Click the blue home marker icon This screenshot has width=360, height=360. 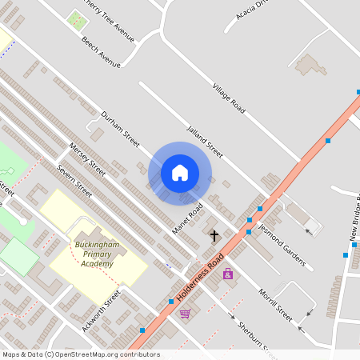click(180, 172)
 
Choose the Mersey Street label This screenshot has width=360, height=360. click(88, 160)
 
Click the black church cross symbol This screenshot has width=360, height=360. click(214, 236)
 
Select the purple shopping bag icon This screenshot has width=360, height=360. click(228, 274)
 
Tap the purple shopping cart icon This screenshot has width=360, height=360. click(185, 313)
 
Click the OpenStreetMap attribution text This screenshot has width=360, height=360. click(81, 354)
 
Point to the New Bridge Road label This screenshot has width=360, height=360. click(353, 220)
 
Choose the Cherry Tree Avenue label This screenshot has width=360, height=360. click(112, 17)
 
